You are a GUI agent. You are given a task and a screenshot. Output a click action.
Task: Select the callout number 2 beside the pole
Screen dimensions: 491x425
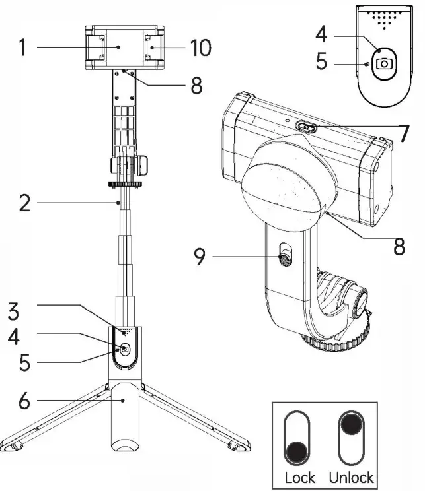(24, 203)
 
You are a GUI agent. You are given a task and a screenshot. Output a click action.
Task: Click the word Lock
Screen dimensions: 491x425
(299, 477)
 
